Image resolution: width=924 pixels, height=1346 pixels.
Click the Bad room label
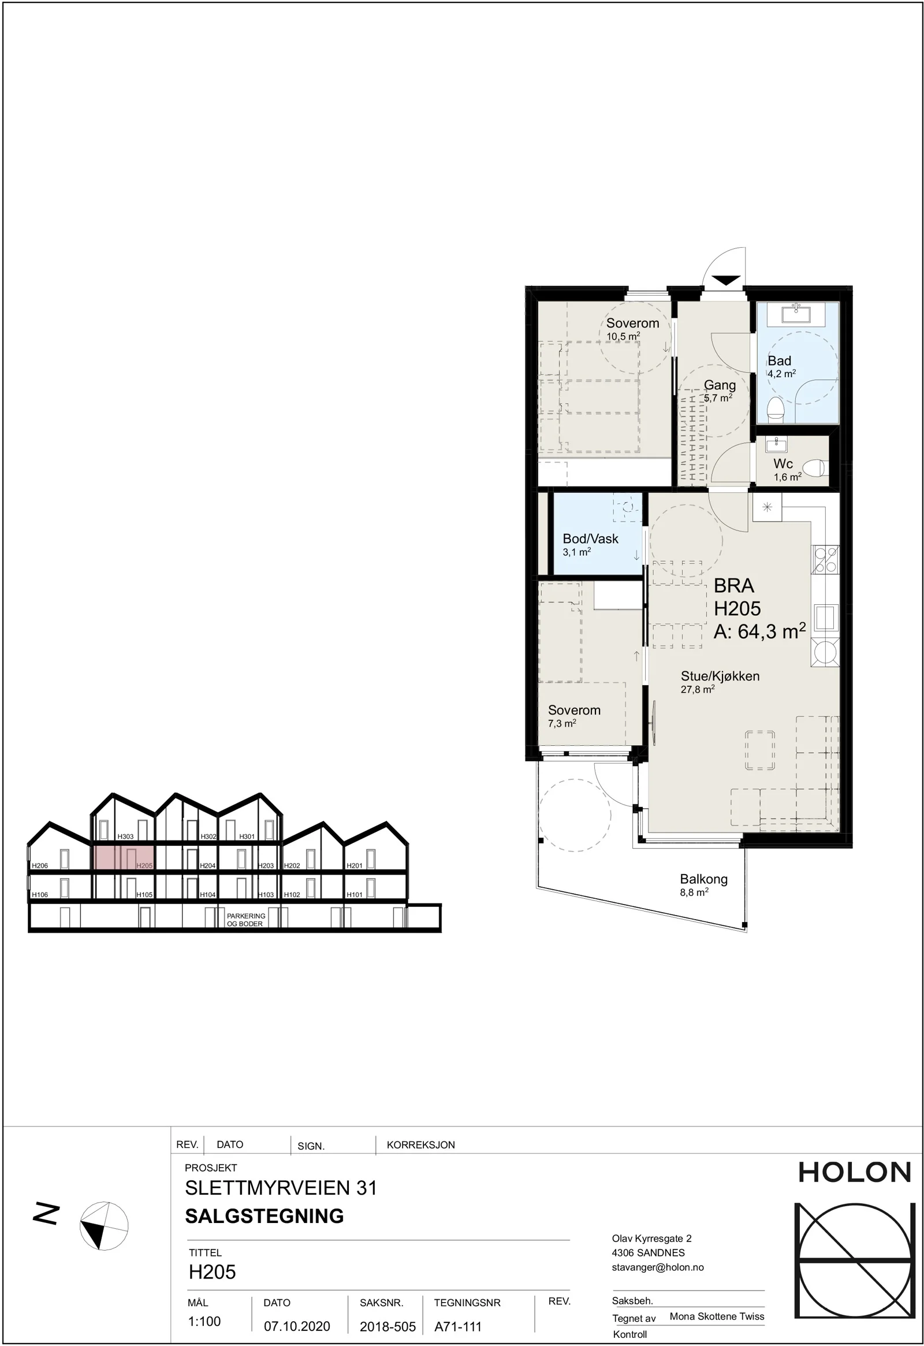tap(779, 361)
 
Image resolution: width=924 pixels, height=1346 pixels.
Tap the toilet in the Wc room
tap(816, 467)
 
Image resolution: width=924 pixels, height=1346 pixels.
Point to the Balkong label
tap(703, 879)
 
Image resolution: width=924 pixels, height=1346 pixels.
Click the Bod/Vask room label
tap(591, 538)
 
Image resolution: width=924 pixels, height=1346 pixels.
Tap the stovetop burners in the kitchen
tap(826, 559)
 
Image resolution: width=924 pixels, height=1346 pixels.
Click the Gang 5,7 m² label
tap(719, 391)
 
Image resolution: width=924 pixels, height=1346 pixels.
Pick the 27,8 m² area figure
tap(698, 689)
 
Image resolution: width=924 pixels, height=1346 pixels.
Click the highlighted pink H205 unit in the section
tap(124, 858)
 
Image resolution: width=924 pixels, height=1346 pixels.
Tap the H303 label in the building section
tap(126, 836)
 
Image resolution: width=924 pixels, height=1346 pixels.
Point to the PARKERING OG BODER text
tap(246, 920)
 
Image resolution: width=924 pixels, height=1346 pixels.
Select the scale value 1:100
tap(204, 1321)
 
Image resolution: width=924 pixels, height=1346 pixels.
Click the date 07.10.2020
tap(297, 1326)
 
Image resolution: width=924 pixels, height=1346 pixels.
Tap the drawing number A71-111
tap(458, 1326)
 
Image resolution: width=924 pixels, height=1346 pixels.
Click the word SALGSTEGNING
tap(264, 1215)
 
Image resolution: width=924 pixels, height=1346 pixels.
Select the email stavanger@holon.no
tap(658, 1267)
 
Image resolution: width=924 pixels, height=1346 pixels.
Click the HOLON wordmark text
tap(855, 1172)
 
